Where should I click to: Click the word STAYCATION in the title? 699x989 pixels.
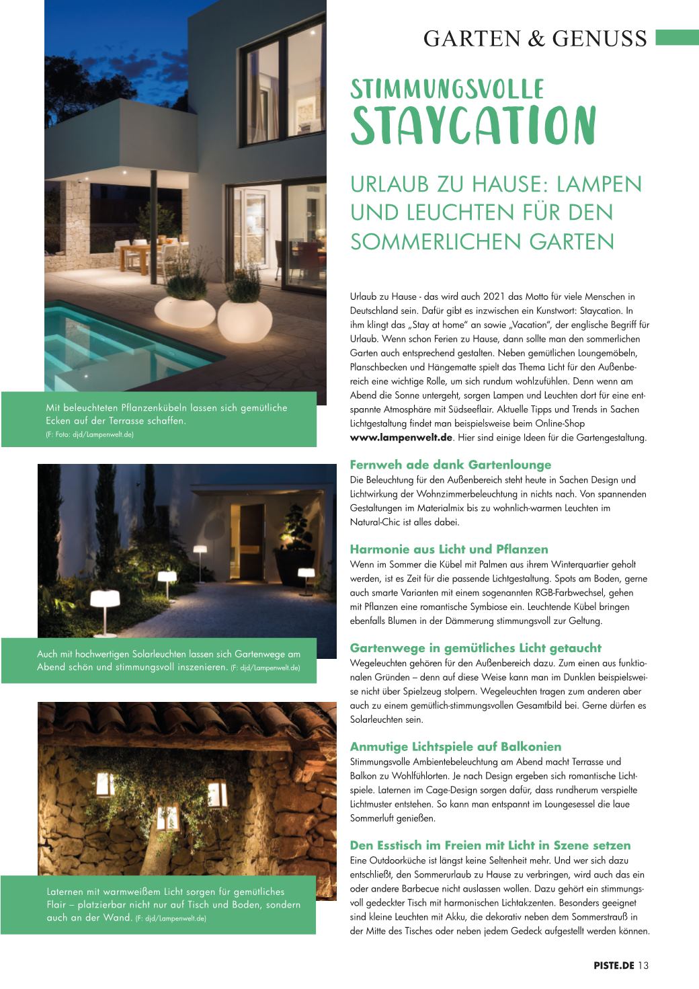coord(473,126)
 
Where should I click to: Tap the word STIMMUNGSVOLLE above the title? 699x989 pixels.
coord(447,89)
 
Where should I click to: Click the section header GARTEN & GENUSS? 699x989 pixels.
coord(535,38)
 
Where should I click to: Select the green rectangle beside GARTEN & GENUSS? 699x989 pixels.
coord(677,36)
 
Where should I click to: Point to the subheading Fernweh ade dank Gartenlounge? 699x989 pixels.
coord(450,465)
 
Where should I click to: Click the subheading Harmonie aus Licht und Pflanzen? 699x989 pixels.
coord(449,549)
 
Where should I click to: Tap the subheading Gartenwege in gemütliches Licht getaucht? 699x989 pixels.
coord(475,648)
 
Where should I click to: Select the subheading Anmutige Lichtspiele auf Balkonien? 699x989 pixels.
coord(455,746)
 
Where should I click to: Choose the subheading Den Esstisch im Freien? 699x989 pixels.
coord(490,845)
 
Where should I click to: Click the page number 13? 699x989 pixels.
coord(644,965)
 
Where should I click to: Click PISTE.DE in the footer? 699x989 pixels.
coord(614,965)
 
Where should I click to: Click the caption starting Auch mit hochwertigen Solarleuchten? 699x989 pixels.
coord(168,660)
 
